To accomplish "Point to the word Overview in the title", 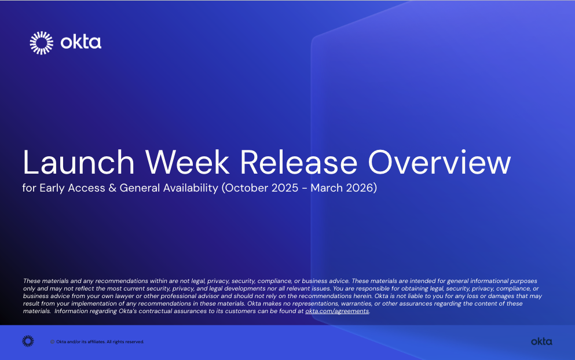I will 440,163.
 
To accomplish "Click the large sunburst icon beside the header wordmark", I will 41,43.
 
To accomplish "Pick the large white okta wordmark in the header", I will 81,42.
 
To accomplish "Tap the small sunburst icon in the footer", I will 28,341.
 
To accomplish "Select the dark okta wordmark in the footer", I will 541,341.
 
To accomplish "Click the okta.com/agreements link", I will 336,311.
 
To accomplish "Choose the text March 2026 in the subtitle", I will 341,188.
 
